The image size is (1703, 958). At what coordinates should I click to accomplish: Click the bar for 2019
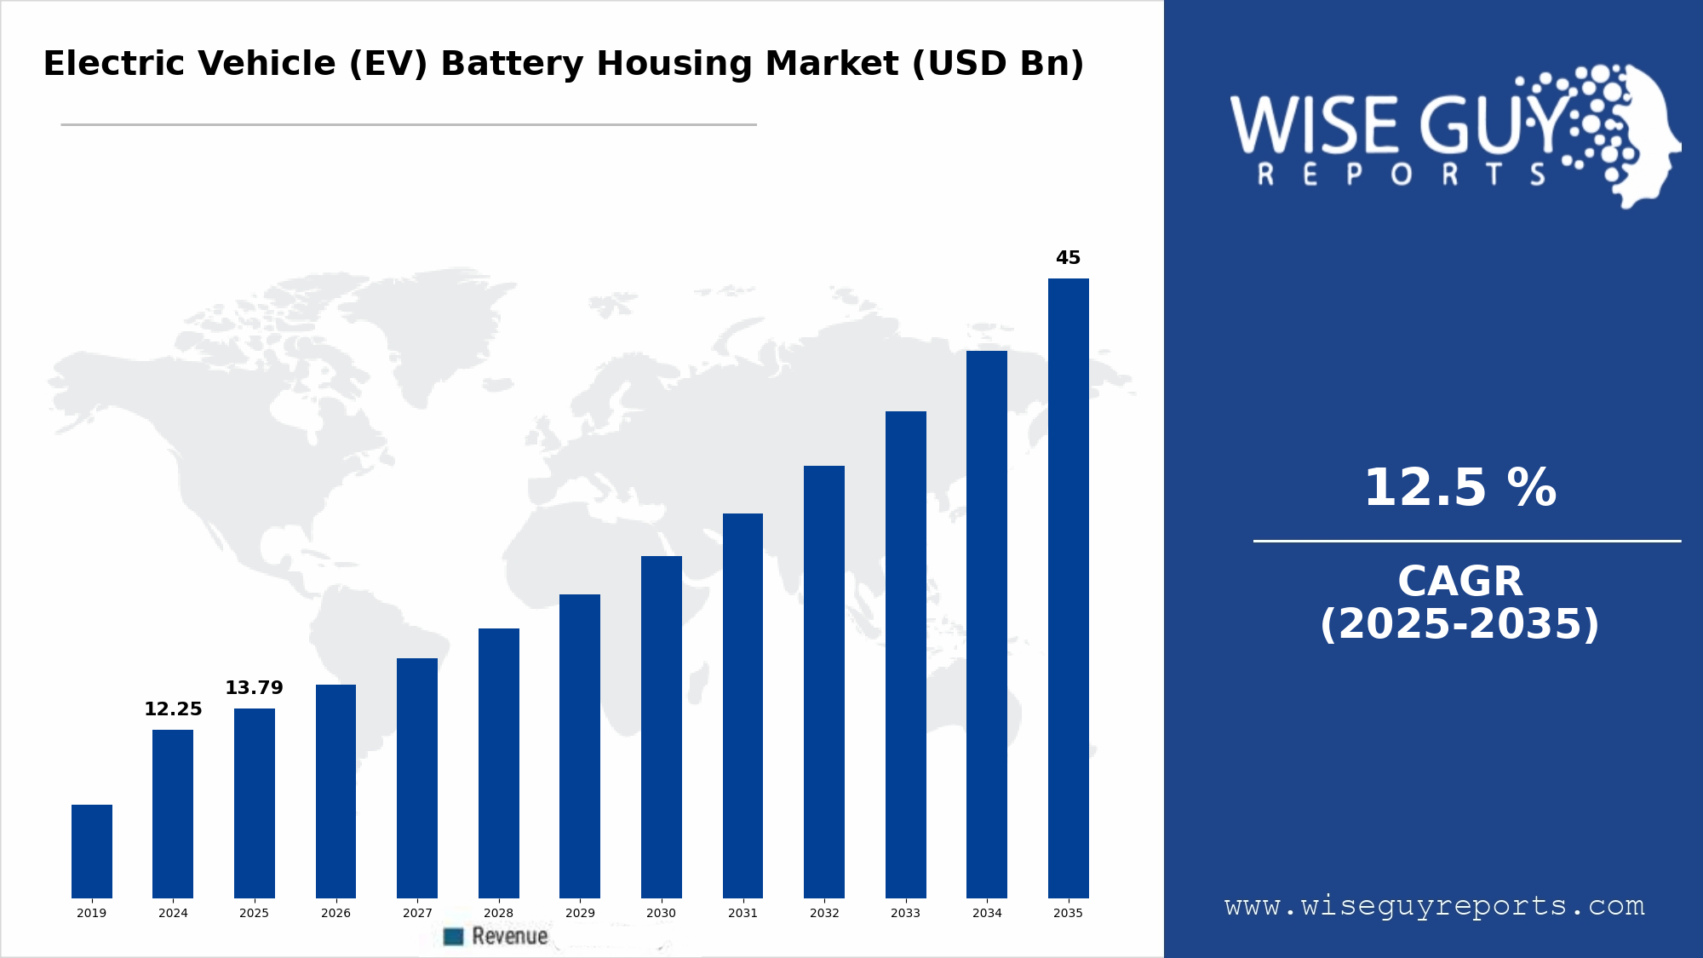[92, 851]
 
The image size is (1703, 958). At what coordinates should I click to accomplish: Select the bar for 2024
[173, 813]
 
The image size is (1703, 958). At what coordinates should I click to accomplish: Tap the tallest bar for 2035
[1068, 588]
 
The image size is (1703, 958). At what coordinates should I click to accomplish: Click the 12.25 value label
[173, 709]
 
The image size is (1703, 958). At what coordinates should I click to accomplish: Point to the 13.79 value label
[254, 688]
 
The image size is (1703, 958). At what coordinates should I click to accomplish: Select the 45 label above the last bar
[1068, 258]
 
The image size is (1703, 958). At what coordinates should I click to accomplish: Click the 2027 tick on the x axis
[417, 913]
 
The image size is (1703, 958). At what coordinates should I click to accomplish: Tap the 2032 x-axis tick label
[824, 913]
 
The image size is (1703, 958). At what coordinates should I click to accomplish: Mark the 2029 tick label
[580, 913]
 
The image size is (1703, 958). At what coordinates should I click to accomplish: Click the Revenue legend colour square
[454, 937]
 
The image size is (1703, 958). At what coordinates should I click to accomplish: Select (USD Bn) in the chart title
[998, 64]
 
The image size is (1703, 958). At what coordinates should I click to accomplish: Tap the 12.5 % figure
[1459, 488]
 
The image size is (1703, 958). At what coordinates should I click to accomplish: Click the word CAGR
[1459, 582]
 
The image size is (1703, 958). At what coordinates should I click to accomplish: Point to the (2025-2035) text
[1459, 624]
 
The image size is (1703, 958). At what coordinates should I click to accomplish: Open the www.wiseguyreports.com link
[1435, 906]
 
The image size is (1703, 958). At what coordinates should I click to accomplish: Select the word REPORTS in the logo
[1401, 175]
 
